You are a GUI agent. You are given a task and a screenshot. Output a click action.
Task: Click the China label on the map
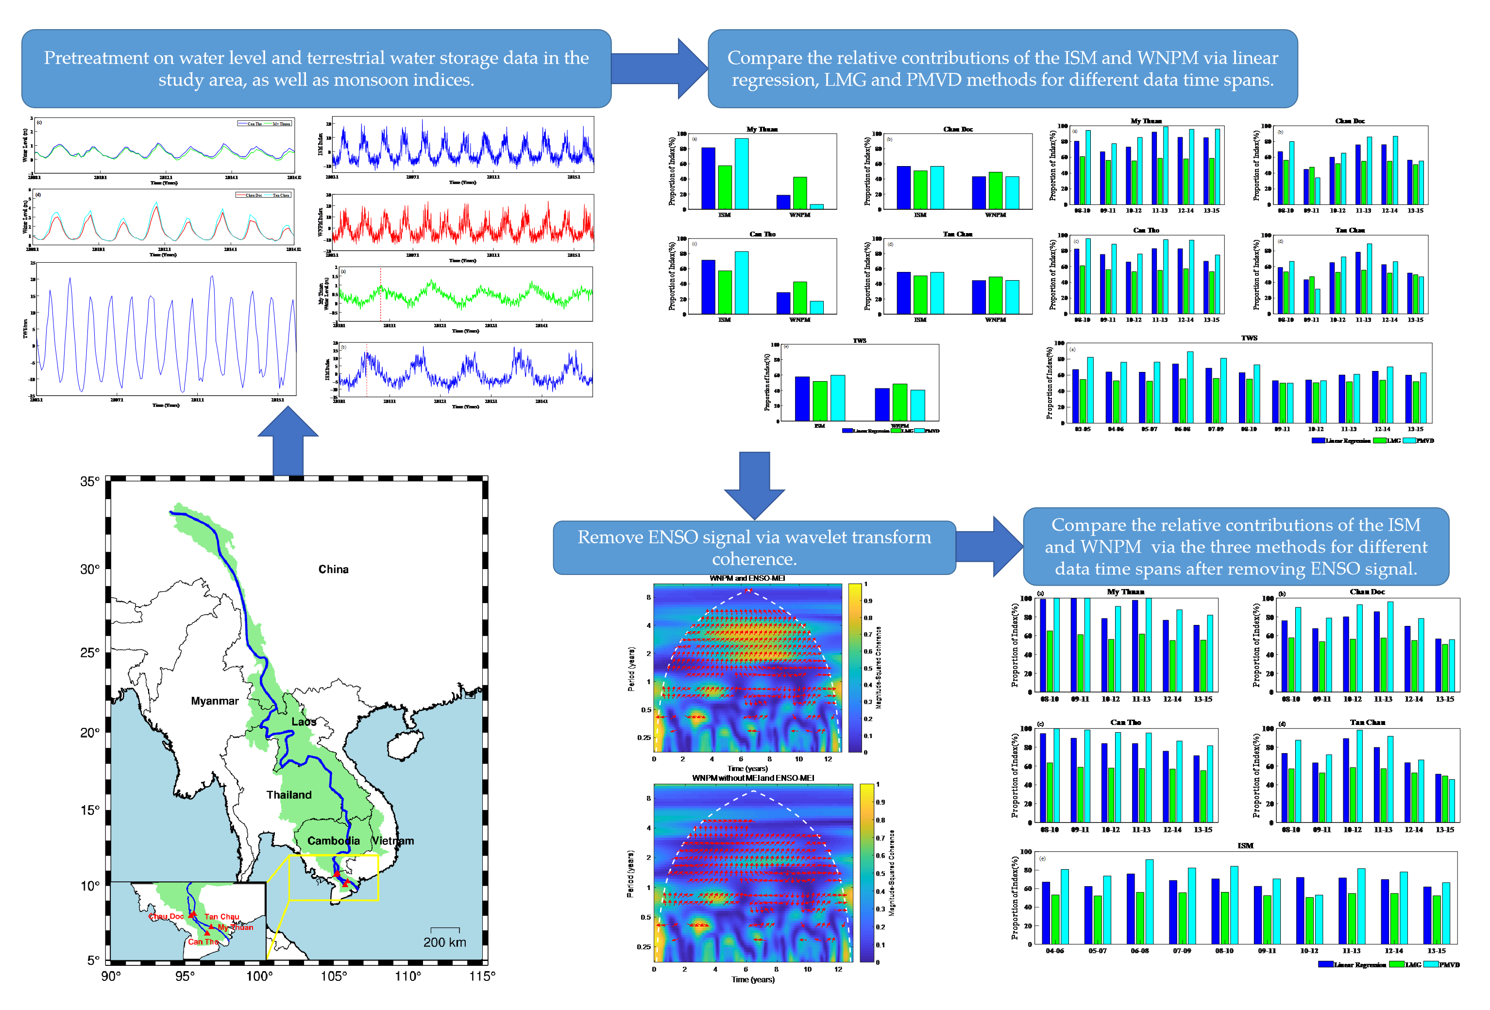tap(333, 569)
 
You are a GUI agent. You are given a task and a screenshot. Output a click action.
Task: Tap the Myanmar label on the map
tap(214, 701)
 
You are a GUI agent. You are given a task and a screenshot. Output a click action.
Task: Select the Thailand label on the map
tap(288, 795)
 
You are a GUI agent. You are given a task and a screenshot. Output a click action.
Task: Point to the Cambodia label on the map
tap(333, 841)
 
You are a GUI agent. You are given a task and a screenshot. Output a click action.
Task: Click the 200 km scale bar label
tap(444, 942)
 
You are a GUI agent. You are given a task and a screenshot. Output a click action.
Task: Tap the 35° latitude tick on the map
tap(90, 481)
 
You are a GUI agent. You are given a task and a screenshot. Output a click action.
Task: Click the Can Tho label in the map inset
tap(203, 942)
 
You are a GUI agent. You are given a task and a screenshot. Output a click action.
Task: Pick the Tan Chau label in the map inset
tap(222, 916)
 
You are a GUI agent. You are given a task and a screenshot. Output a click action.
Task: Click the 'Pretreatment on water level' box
tap(316, 68)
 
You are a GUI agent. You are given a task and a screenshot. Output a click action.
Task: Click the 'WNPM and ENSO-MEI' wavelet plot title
tap(747, 578)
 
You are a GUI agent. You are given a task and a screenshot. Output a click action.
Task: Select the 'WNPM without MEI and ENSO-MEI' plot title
tap(753, 778)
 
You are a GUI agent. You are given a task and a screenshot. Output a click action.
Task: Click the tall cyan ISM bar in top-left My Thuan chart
tap(741, 173)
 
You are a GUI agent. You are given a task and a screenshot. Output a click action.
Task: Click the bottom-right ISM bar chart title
tap(1245, 846)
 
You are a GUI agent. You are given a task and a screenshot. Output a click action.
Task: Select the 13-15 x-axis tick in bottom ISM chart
tap(1436, 951)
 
